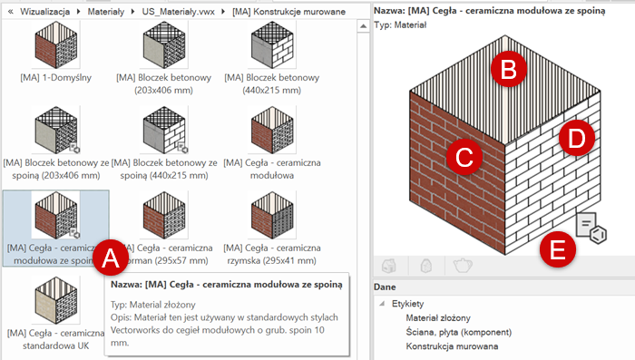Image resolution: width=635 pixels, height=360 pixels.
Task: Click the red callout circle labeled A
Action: (111, 259)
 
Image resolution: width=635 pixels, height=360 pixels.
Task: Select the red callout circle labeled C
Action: (463, 156)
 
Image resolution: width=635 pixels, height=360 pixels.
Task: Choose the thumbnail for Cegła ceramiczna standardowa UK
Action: (54, 299)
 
